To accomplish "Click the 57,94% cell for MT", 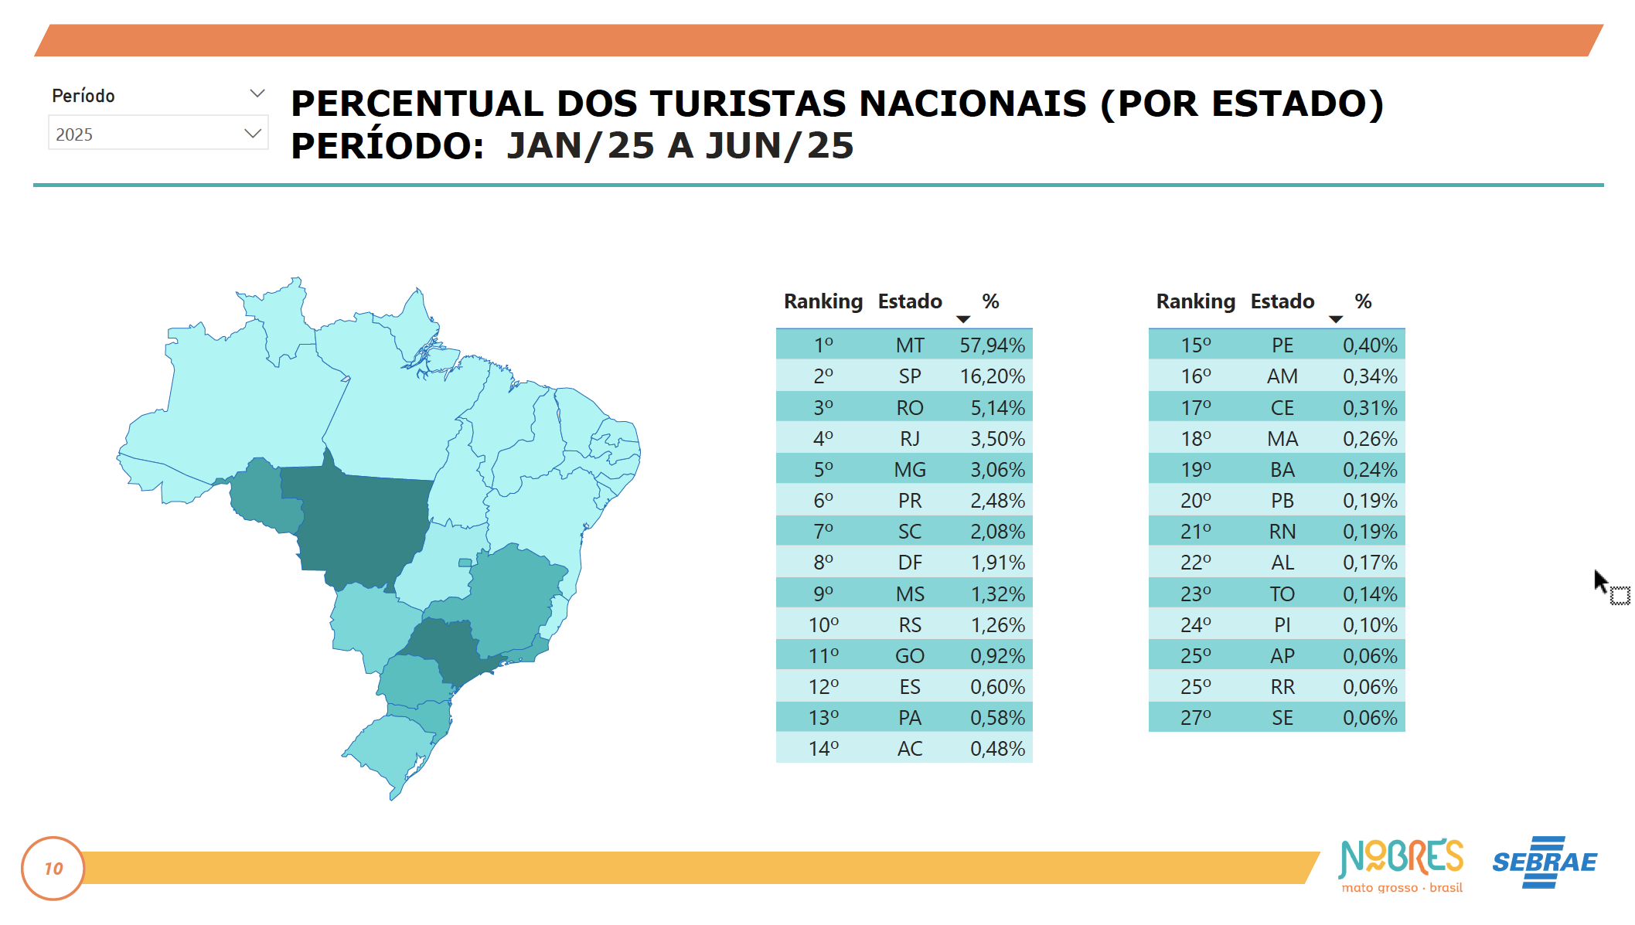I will click(x=992, y=345).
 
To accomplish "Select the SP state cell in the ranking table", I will click(x=910, y=376).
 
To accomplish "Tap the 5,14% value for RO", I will click(x=997, y=408).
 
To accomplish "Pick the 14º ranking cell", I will click(x=823, y=749).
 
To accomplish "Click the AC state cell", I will click(x=910, y=749).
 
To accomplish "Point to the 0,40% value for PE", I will click(x=1370, y=345).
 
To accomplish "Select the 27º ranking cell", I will click(x=1196, y=718).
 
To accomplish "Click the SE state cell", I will click(x=1282, y=718).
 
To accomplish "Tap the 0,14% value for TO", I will click(x=1370, y=594).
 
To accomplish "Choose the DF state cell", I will click(x=910, y=563).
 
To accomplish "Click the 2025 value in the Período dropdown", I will click(x=75, y=134).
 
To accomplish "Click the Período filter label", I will click(x=83, y=96).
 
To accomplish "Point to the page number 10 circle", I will click(x=53, y=869).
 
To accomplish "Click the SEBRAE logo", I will click(x=1544, y=862).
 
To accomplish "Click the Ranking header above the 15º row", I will click(x=1195, y=301).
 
